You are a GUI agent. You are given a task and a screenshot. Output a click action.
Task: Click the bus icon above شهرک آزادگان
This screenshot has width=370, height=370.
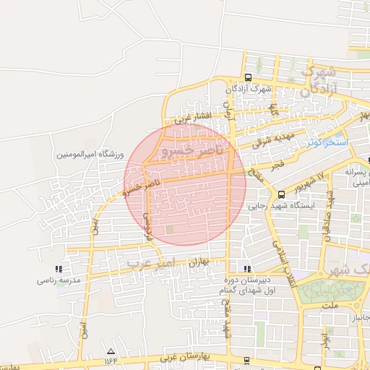(248, 78)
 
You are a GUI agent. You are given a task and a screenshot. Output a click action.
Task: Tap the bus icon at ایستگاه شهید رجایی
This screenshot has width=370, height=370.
(281, 194)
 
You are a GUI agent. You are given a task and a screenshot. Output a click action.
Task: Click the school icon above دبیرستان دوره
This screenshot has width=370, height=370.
(248, 269)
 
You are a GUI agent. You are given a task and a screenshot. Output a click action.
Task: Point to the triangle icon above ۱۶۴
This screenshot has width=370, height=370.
(110, 350)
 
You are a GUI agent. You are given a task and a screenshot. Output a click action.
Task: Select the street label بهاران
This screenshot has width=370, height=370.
(198, 263)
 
